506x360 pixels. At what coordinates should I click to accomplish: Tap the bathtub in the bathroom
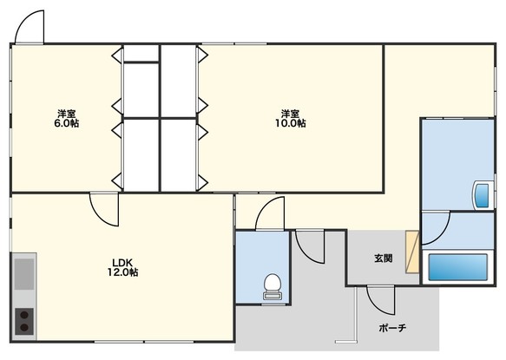point(457,267)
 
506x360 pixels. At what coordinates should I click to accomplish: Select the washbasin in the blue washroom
point(483,195)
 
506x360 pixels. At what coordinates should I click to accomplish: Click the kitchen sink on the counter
point(24,274)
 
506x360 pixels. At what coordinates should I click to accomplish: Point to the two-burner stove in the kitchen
point(24,321)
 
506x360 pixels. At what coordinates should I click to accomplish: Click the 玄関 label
point(384,258)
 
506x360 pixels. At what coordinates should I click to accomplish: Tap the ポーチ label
point(392,328)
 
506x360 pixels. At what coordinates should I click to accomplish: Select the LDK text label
point(122,262)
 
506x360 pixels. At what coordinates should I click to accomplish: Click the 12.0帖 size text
point(122,272)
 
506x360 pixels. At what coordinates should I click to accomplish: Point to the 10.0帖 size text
point(291,123)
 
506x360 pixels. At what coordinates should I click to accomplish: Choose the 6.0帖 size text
point(67,123)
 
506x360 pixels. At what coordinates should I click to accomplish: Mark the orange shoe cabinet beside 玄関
point(412,252)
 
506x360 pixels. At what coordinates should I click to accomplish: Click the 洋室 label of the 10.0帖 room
point(291,114)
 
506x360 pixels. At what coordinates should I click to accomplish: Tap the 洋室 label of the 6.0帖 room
point(67,114)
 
